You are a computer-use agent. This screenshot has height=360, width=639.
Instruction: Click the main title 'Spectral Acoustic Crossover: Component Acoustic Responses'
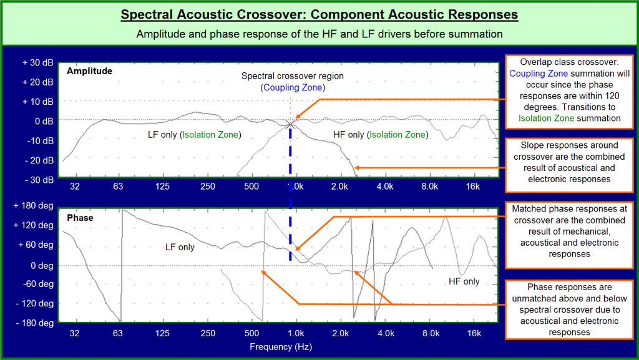[319, 14]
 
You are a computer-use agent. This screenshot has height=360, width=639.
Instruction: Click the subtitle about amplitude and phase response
[319, 34]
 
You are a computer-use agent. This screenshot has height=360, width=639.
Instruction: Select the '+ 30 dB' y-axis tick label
[37, 62]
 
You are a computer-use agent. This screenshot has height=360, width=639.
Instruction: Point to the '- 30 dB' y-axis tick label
[38, 180]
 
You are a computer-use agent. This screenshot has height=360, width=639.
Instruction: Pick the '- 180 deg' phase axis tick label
[36, 323]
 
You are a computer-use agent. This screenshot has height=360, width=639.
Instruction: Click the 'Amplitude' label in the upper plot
[89, 71]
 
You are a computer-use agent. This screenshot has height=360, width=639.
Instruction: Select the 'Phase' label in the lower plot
[80, 218]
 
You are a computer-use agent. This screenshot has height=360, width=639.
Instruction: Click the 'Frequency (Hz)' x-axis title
[280, 346]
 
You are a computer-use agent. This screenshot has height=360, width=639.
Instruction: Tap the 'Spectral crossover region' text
[292, 76]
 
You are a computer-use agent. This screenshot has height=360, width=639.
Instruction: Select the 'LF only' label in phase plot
[180, 247]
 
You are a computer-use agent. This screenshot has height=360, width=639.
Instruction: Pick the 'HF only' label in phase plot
[464, 281]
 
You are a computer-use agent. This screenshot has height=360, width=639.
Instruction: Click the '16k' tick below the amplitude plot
[473, 187]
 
